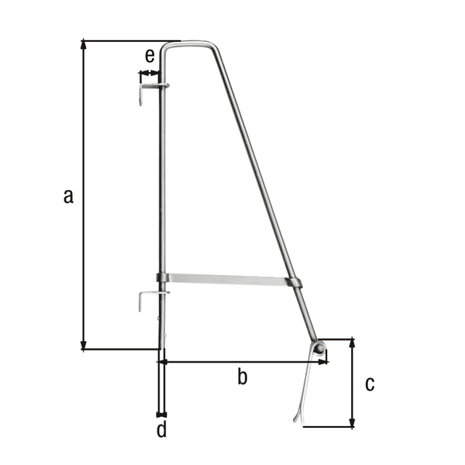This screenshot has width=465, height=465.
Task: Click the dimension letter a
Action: [x=68, y=196]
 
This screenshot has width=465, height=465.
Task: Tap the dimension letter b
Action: [x=242, y=377]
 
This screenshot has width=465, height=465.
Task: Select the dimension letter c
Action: [x=370, y=383]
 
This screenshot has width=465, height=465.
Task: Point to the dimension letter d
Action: [x=161, y=430]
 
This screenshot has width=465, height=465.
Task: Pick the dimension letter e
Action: [x=150, y=55]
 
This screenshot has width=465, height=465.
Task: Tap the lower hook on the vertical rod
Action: [x=144, y=300]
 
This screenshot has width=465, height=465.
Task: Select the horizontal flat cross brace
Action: [x=229, y=280]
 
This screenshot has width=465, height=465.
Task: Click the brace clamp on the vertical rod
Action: [x=162, y=278]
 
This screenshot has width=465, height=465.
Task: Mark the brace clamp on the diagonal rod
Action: [x=295, y=283]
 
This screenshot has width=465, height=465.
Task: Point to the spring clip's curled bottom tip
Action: [x=297, y=418]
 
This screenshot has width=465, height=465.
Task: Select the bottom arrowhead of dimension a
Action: [x=84, y=346]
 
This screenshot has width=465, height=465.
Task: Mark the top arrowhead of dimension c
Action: [x=353, y=342]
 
